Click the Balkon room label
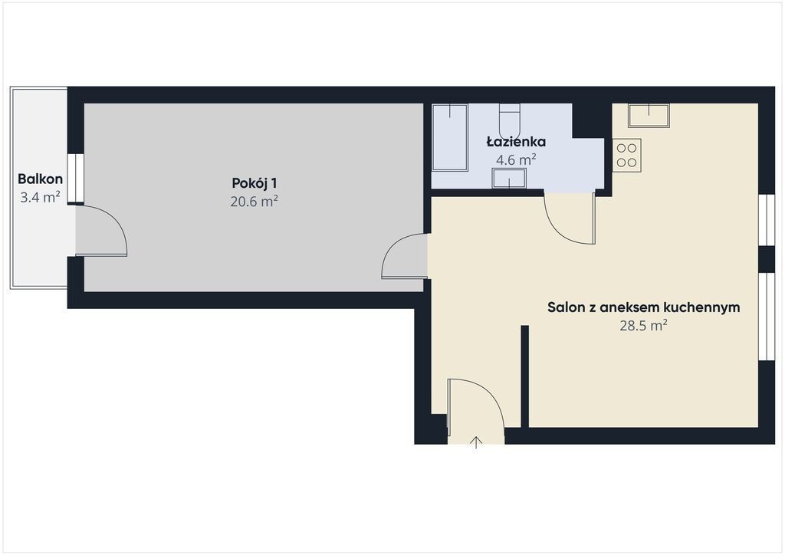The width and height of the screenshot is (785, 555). [x=40, y=179]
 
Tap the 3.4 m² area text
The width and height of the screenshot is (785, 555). [x=40, y=197]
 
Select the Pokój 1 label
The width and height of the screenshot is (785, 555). [x=255, y=183]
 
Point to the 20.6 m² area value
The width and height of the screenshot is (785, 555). [x=255, y=201]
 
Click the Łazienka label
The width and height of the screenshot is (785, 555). [x=516, y=142]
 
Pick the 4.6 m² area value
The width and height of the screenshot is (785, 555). [x=516, y=159]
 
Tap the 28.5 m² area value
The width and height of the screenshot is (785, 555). [x=643, y=325]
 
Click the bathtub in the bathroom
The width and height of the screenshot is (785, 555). [x=449, y=137]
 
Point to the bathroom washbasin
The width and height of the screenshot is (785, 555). [x=509, y=178]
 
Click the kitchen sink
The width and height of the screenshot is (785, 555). [x=649, y=115]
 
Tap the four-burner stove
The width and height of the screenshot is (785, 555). [x=626, y=155]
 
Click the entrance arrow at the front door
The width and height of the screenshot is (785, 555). [x=475, y=442]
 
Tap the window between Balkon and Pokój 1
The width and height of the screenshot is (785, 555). [x=76, y=178]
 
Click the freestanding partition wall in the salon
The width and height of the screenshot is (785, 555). [x=524, y=376]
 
